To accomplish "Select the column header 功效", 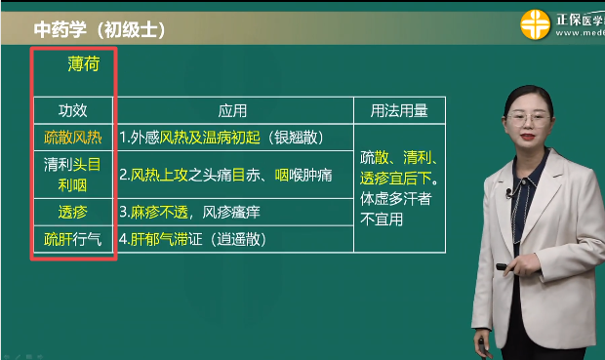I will pyautogui.click(x=73, y=110).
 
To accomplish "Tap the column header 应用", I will pyautogui.click(x=231, y=110).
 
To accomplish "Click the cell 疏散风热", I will pyautogui.click(x=73, y=137).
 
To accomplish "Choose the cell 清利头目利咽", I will pyautogui.click(x=73, y=175).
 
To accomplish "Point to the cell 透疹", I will pyautogui.click(x=73, y=211).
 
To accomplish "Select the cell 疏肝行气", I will pyautogui.click(x=73, y=239).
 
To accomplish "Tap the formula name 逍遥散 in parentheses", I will pyautogui.click(x=241, y=239).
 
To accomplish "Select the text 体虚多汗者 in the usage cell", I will pyautogui.click(x=397, y=199).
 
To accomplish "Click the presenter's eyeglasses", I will pyautogui.click(x=531, y=118).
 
